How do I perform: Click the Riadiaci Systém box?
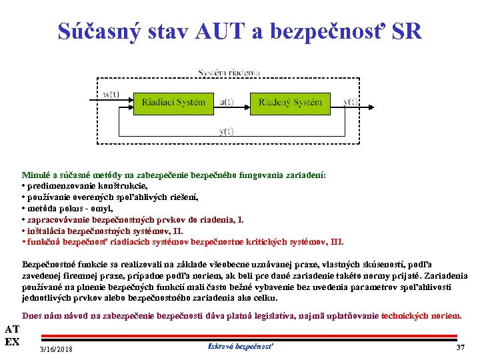[x=173, y=102]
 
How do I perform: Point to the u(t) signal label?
[x=227, y=102]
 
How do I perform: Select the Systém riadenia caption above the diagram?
[x=229, y=72]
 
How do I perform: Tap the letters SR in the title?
[x=407, y=31]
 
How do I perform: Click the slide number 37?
[x=460, y=348]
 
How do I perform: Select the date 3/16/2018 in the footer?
[x=57, y=349]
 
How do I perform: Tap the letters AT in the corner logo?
[x=11, y=329]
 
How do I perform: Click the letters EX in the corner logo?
[x=11, y=342]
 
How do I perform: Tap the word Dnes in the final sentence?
[x=33, y=315]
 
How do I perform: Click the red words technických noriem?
[x=421, y=315]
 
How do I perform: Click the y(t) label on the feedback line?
[x=226, y=131]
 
